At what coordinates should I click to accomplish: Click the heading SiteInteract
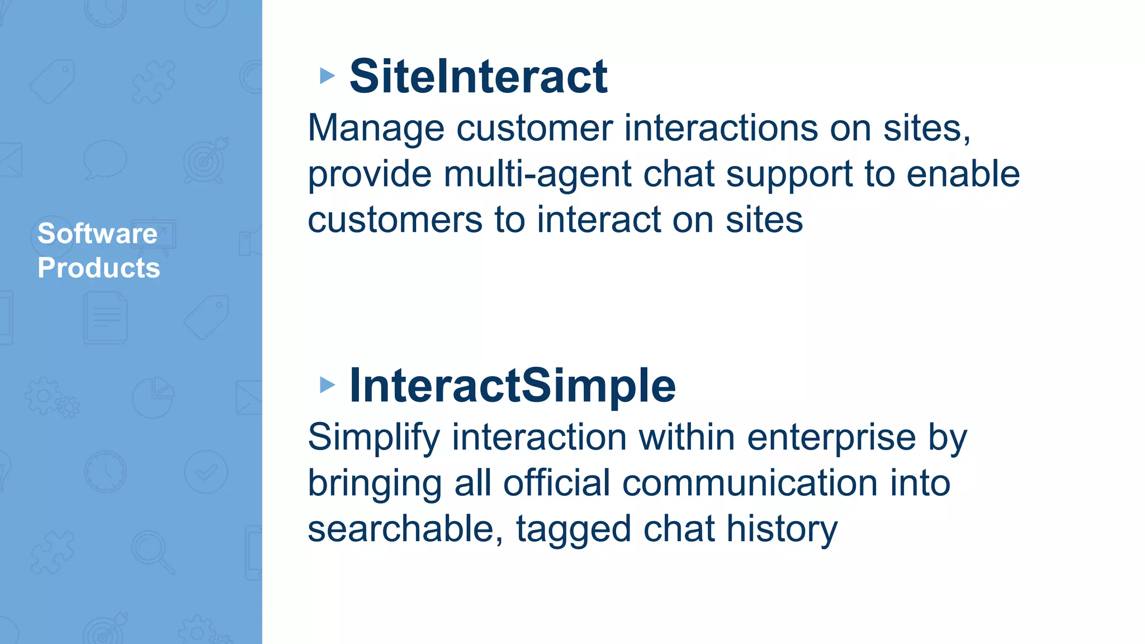478,77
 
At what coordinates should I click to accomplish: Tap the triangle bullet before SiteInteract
327,75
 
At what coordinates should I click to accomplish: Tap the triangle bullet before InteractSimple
327,385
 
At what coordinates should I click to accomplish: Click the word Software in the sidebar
97,233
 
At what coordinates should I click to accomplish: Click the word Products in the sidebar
98,268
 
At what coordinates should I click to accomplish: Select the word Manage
376,129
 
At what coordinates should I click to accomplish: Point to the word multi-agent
537,174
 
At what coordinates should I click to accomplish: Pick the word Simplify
373,438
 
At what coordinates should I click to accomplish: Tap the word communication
750,483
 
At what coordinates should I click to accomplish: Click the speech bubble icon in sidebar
105,160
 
